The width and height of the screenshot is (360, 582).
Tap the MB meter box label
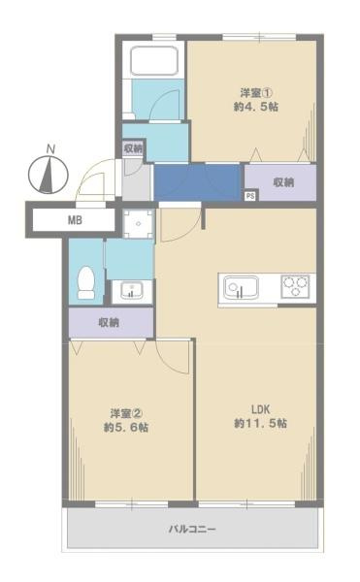pyautogui.click(x=74, y=220)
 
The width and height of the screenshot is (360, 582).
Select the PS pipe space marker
pyautogui.click(x=249, y=196)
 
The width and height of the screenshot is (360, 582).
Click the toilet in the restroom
pyautogui.click(x=84, y=280)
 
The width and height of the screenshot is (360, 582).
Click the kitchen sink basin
pyautogui.click(x=239, y=286)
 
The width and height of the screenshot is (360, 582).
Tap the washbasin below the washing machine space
pyautogui.click(x=129, y=289)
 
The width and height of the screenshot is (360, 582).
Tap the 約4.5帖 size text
pyautogui.click(x=255, y=108)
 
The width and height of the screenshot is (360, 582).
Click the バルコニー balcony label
pyautogui.click(x=191, y=530)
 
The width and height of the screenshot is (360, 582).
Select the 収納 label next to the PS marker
pyautogui.click(x=282, y=181)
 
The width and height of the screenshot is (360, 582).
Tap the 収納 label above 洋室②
pyautogui.click(x=109, y=322)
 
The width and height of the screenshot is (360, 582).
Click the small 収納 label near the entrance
pyautogui.click(x=134, y=148)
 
